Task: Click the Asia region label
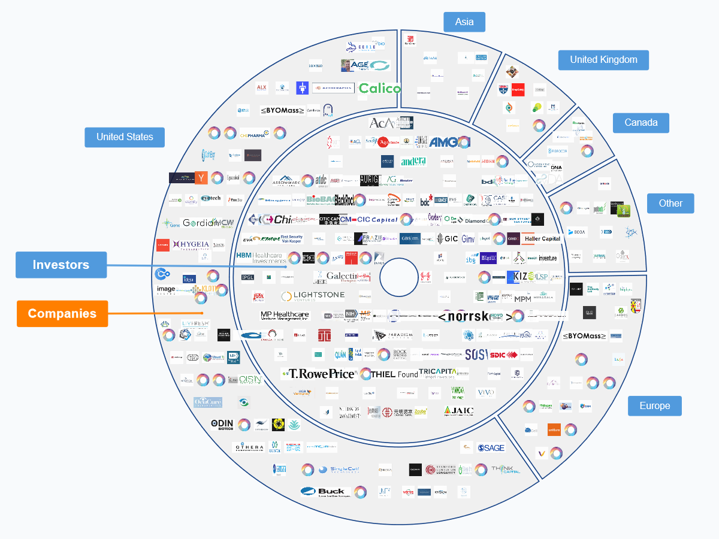(464, 22)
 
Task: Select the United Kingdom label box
(603, 60)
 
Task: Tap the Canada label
(641, 123)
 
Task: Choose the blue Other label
(670, 203)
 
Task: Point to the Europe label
(654, 405)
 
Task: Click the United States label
(125, 137)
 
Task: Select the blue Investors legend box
(61, 265)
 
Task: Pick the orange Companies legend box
(62, 313)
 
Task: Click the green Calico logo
(379, 89)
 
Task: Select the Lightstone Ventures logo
(313, 296)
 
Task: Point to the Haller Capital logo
(542, 238)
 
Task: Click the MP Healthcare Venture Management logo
(285, 316)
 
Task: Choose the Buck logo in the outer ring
(325, 492)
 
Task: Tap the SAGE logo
(491, 447)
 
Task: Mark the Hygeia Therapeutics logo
(191, 244)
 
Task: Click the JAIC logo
(459, 411)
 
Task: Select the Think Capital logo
(505, 469)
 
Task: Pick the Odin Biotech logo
(222, 424)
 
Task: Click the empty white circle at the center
(399, 277)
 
